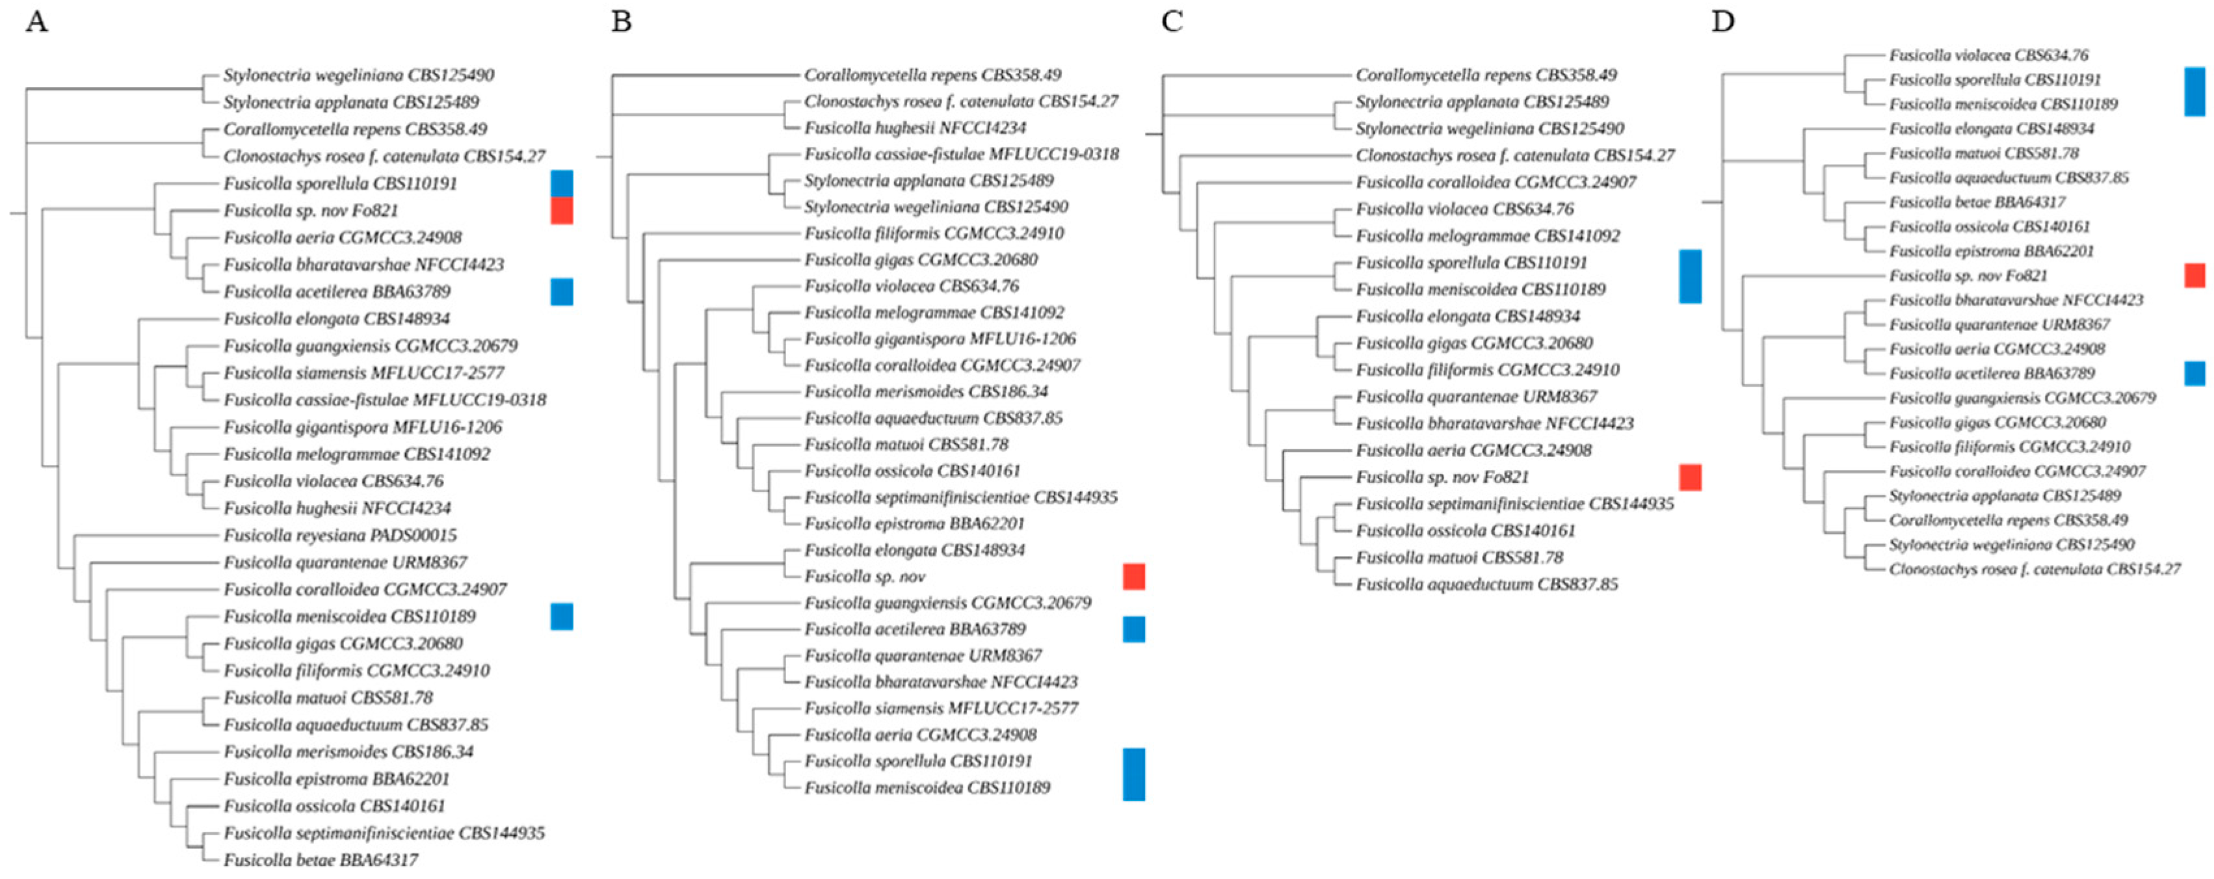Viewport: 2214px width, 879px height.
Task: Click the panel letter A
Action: (x=36, y=21)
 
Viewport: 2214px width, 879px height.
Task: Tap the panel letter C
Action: (x=1172, y=21)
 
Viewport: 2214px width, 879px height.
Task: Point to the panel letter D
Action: (x=1722, y=21)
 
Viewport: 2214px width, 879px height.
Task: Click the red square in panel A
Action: (x=561, y=211)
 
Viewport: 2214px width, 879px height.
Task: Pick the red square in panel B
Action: (x=1133, y=577)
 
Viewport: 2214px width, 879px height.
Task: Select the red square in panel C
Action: (x=1690, y=477)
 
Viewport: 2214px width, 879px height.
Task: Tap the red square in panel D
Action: (x=2194, y=276)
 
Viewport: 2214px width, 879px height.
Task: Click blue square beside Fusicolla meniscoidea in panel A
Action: (x=561, y=616)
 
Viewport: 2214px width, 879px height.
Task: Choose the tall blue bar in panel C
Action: (x=1690, y=276)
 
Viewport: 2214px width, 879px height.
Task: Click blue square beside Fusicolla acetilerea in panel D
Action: (x=2194, y=373)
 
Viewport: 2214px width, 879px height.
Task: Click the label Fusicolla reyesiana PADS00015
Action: (x=339, y=535)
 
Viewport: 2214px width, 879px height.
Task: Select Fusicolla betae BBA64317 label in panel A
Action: (x=321, y=859)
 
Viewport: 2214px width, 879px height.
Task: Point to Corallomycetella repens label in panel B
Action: (x=932, y=75)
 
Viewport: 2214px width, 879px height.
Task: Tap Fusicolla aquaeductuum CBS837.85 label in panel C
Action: (x=1486, y=584)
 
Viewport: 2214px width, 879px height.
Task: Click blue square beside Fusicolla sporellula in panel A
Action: (x=561, y=183)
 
